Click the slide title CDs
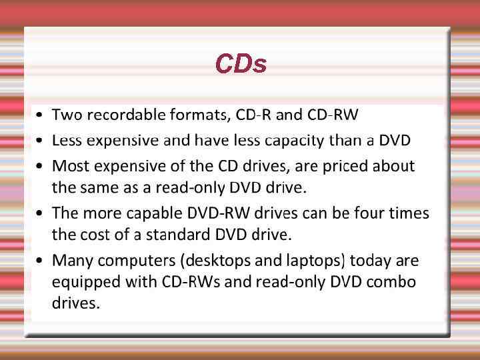pyautogui.click(x=241, y=64)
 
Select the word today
pyautogui.click(x=370, y=260)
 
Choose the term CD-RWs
pyautogui.click(x=191, y=282)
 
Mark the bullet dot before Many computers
pyautogui.click(x=41, y=261)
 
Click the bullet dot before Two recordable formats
pyautogui.click(x=41, y=115)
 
